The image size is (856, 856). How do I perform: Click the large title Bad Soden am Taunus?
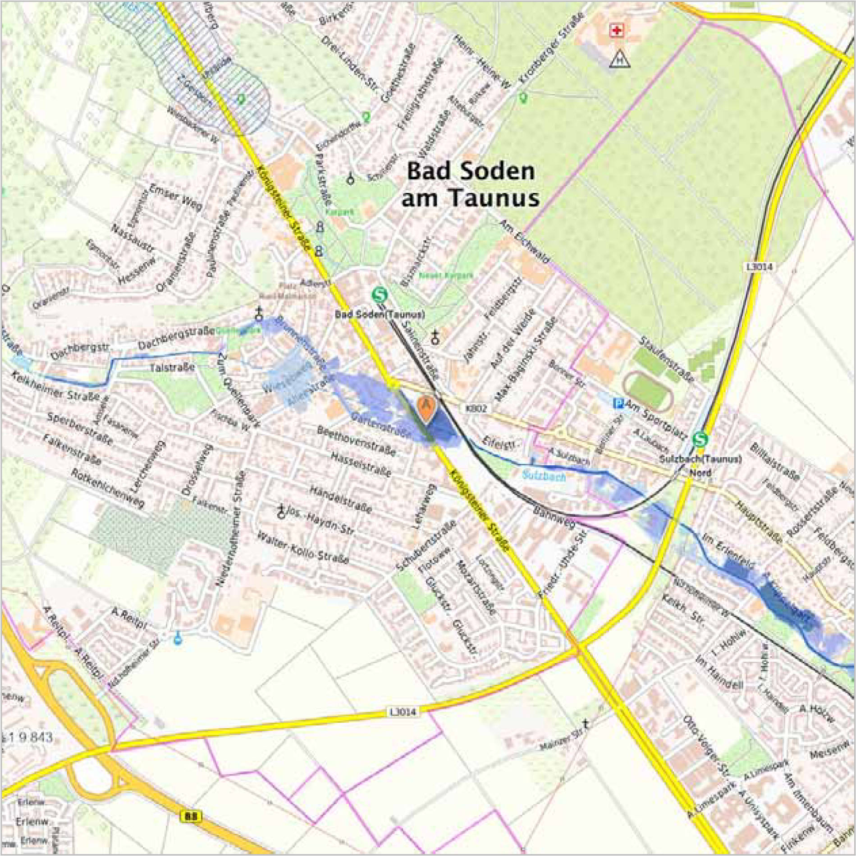click(470, 185)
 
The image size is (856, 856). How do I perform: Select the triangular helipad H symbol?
click(620, 59)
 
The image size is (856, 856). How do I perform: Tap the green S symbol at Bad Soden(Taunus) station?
click(380, 295)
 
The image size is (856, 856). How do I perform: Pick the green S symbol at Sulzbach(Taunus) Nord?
click(700, 439)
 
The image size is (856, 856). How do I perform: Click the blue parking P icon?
click(619, 404)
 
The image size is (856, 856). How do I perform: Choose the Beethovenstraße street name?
click(357, 440)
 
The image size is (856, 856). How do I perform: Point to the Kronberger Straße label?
click(551, 49)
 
